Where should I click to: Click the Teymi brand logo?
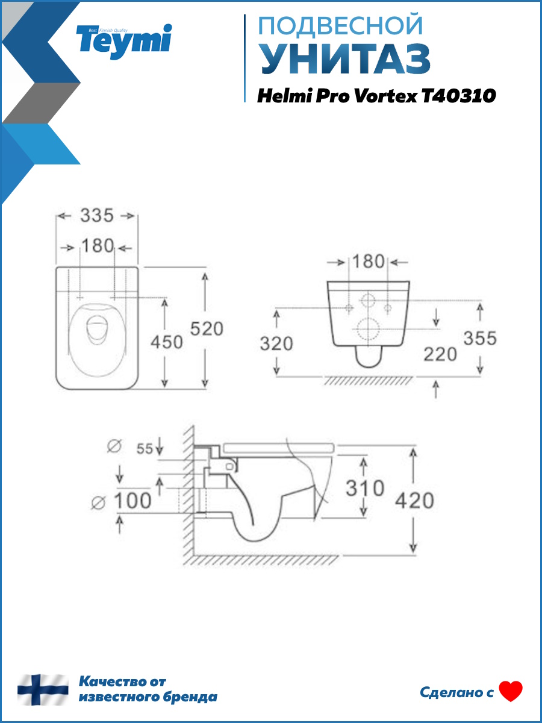[x=123, y=42]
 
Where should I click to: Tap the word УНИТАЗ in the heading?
[x=346, y=59]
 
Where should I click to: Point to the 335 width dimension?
[x=97, y=216]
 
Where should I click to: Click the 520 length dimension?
[x=207, y=328]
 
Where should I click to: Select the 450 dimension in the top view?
[x=167, y=342]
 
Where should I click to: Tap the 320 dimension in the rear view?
[x=276, y=343]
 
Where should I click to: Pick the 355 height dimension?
[x=480, y=338]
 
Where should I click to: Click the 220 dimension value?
[x=440, y=354]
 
